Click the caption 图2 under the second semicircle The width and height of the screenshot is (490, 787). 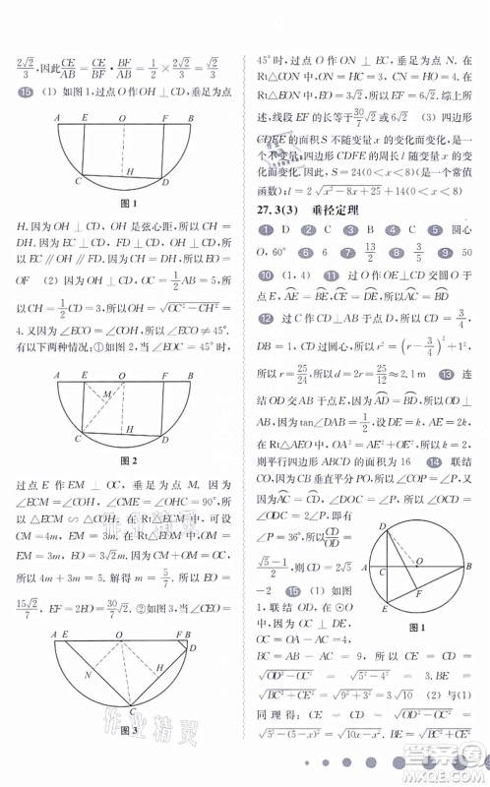[x=125, y=461]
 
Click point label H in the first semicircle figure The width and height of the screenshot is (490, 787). [x=129, y=171]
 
